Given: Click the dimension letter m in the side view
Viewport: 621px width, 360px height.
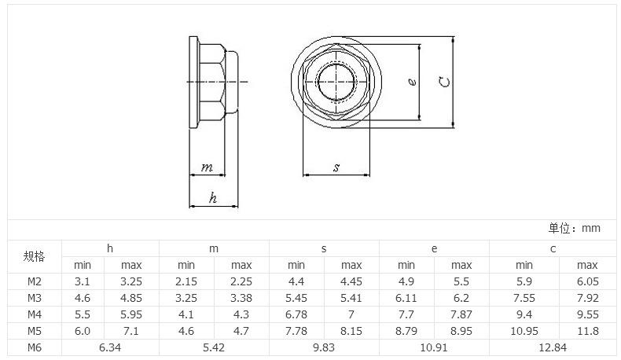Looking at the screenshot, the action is (x=207, y=167).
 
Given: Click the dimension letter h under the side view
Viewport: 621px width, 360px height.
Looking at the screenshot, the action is (x=213, y=197).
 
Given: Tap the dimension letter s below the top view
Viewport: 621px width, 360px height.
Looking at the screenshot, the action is (x=336, y=167).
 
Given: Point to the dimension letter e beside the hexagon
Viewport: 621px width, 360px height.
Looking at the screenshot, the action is (x=412, y=82).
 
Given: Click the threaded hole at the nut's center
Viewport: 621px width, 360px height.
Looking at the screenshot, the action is (x=336, y=82).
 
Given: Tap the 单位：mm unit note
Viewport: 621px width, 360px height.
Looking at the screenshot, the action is (x=575, y=228).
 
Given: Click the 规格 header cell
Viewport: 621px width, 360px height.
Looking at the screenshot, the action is (x=34, y=256).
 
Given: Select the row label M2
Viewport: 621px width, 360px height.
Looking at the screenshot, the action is (x=35, y=281).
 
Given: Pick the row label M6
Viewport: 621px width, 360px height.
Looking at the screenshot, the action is (x=35, y=347).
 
